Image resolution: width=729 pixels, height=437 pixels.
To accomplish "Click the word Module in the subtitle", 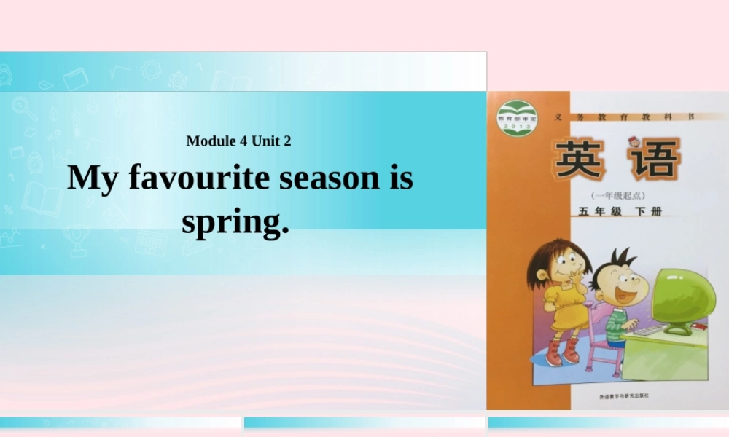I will coord(211,141).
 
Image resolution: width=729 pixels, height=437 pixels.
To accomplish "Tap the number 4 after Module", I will coord(243,141).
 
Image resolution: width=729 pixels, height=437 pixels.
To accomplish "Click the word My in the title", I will coord(93,178).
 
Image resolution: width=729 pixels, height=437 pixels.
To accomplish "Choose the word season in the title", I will coord(338,178).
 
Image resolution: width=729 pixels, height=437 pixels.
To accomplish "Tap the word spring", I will coord(235,221).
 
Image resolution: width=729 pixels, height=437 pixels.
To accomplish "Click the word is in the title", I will coord(402,178).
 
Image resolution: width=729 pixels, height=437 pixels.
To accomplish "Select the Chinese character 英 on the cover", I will coord(580,160).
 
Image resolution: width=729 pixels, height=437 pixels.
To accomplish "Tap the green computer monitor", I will coord(682,295).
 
